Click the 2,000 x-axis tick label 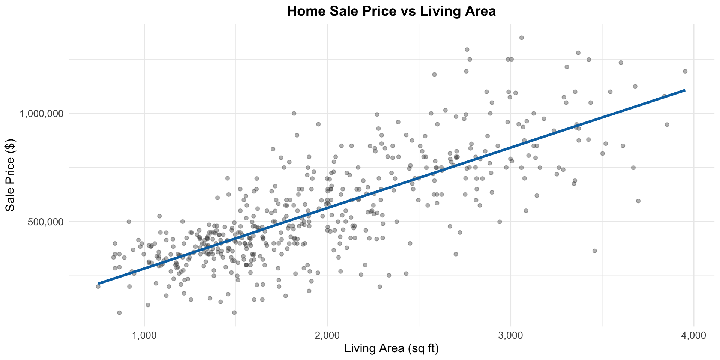tap(327, 334)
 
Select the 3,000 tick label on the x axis tap(510, 334)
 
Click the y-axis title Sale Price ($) tap(11, 173)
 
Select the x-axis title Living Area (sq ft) tap(391, 349)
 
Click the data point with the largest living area tap(685, 71)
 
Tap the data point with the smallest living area tap(98, 286)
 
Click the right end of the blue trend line tap(685, 90)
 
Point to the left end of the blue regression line tap(99, 283)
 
